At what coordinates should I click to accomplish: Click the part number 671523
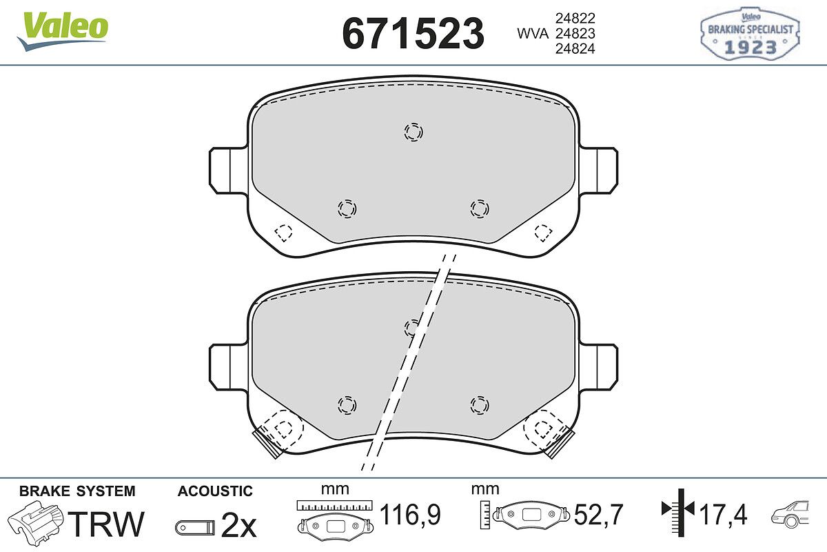pyautogui.click(x=413, y=33)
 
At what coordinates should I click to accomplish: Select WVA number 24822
pyautogui.click(x=575, y=18)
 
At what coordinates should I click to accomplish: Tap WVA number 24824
pyautogui.click(x=575, y=49)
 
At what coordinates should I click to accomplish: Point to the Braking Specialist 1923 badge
pyautogui.click(x=750, y=33)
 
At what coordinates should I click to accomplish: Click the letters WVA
pyautogui.click(x=533, y=34)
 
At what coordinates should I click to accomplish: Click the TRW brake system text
pyautogui.click(x=106, y=524)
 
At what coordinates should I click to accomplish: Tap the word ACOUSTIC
pyautogui.click(x=215, y=491)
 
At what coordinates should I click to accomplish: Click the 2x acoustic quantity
pyautogui.click(x=238, y=525)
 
